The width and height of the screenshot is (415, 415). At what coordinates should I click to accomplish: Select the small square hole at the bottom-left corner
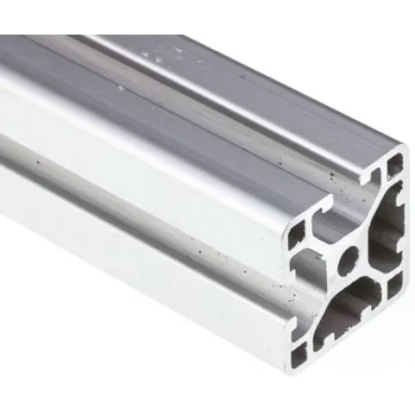[x=299, y=353]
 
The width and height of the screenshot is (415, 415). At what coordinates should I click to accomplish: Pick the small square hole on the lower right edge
[x=395, y=287]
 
